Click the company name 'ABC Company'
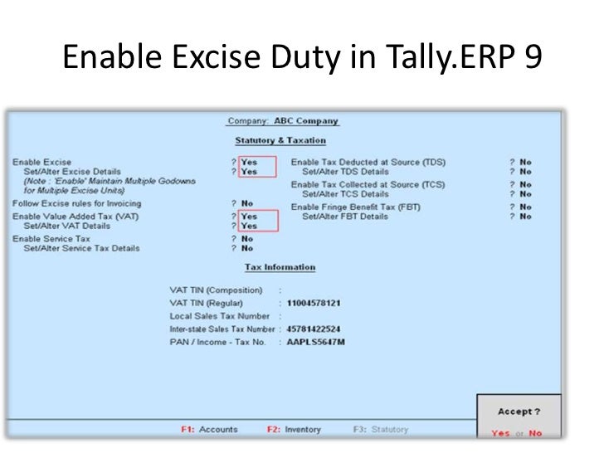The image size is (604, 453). tap(306, 121)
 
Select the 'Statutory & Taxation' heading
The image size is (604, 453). tap(280, 140)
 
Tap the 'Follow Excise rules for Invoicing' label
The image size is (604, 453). tap(76, 203)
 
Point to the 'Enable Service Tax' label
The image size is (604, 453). tap(51, 238)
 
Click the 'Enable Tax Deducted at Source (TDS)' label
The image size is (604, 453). tap(368, 162)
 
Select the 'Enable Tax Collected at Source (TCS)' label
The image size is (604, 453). tap(368, 184)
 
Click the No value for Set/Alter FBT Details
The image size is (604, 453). tap(525, 217)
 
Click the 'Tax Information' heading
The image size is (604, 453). tap(280, 267)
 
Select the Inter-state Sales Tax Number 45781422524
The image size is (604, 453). tap(314, 329)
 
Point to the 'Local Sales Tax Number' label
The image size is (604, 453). tap(219, 316)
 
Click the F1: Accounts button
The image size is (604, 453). tap(209, 430)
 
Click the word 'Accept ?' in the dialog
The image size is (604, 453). tap(518, 412)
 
